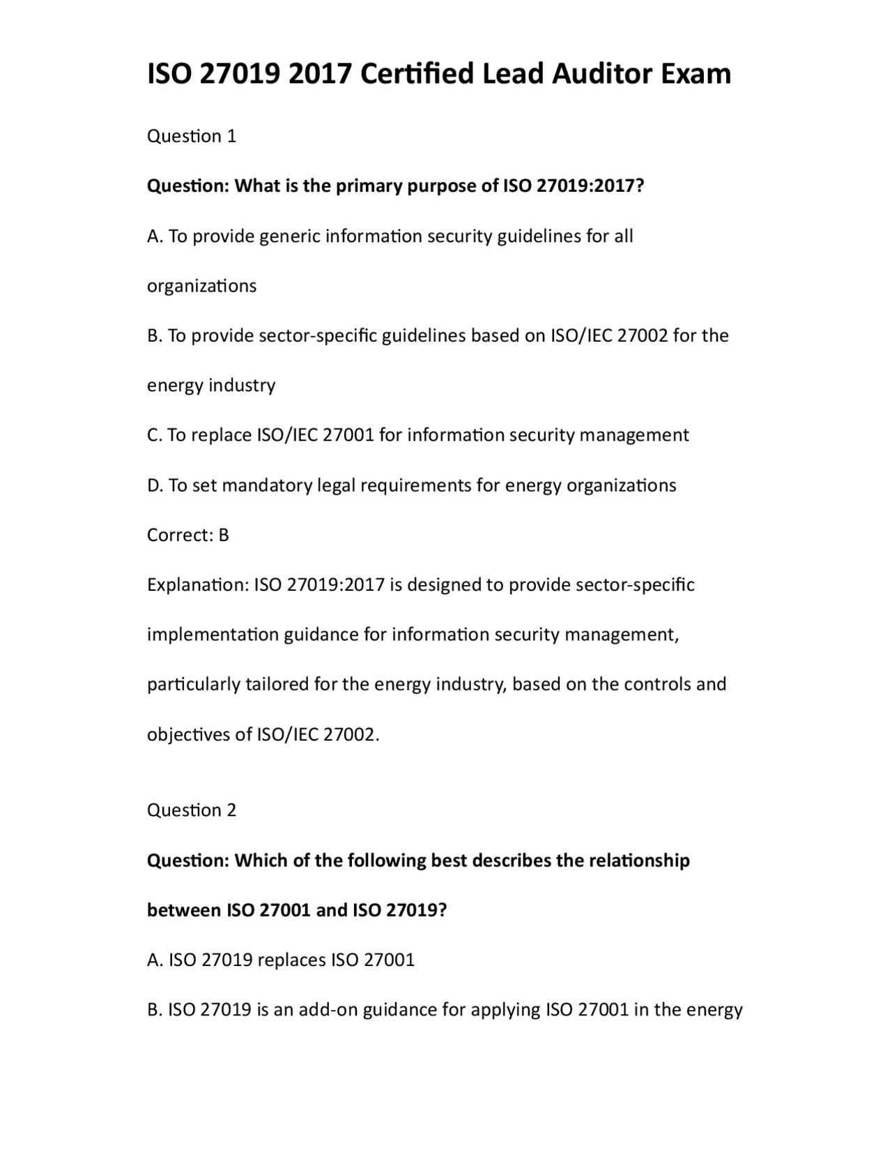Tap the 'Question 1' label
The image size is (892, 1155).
pos(192,136)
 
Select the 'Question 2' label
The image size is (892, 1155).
pos(192,810)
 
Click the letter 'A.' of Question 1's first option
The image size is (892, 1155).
pos(155,236)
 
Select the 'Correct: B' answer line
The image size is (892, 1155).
pos(188,535)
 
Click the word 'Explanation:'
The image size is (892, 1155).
pos(197,584)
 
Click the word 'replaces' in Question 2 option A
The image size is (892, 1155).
pos(291,960)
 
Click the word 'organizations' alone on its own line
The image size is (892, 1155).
pos(201,286)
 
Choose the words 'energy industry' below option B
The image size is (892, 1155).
pos(211,386)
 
